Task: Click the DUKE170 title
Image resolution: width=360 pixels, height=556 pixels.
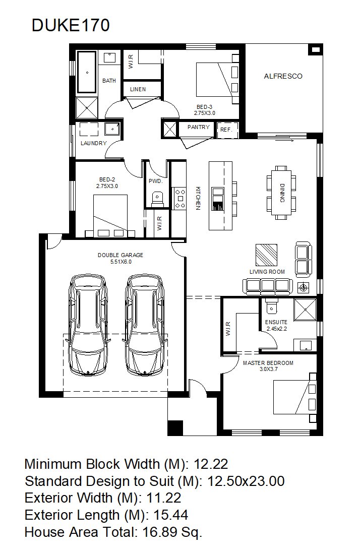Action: tap(71, 26)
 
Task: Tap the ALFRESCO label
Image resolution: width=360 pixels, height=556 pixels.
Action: tap(283, 76)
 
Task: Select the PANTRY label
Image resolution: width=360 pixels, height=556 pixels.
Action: tap(198, 127)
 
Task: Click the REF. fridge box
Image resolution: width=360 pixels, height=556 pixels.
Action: tap(226, 130)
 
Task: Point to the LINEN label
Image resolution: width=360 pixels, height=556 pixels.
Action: tap(138, 89)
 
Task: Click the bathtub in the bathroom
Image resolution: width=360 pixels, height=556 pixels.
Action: tap(87, 72)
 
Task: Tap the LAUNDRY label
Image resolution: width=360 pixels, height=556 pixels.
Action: tap(94, 143)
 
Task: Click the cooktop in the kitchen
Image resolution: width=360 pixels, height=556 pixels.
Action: tap(179, 198)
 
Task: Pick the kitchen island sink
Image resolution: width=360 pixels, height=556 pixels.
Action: tap(217, 199)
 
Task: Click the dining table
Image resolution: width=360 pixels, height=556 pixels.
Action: tap(282, 193)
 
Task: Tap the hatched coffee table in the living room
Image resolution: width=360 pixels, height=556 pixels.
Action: tap(266, 255)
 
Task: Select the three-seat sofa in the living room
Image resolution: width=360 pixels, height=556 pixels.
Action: tap(268, 286)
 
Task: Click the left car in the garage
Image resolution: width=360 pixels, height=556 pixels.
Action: tap(88, 325)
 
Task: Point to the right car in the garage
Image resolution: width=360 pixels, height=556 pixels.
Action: tap(145, 325)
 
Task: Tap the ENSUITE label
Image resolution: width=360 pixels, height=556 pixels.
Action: tap(276, 322)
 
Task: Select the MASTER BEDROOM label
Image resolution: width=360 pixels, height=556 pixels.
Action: tap(268, 363)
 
